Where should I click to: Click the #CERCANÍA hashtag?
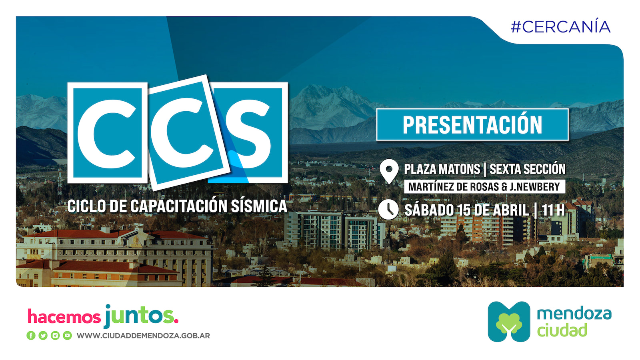point(560,27)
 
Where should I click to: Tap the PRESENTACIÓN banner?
point(472,124)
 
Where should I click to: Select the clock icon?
point(388,210)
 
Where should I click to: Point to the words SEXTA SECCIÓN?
point(528,168)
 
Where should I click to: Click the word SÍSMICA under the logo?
point(259,206)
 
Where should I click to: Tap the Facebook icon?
point(31,336)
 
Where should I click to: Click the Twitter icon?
point(43,336)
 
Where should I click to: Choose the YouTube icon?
point(68,336)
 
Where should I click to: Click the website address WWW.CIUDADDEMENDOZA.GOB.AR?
point(143,336)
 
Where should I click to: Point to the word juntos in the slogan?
point(142,316)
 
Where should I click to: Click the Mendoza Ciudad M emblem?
point(509,322)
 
